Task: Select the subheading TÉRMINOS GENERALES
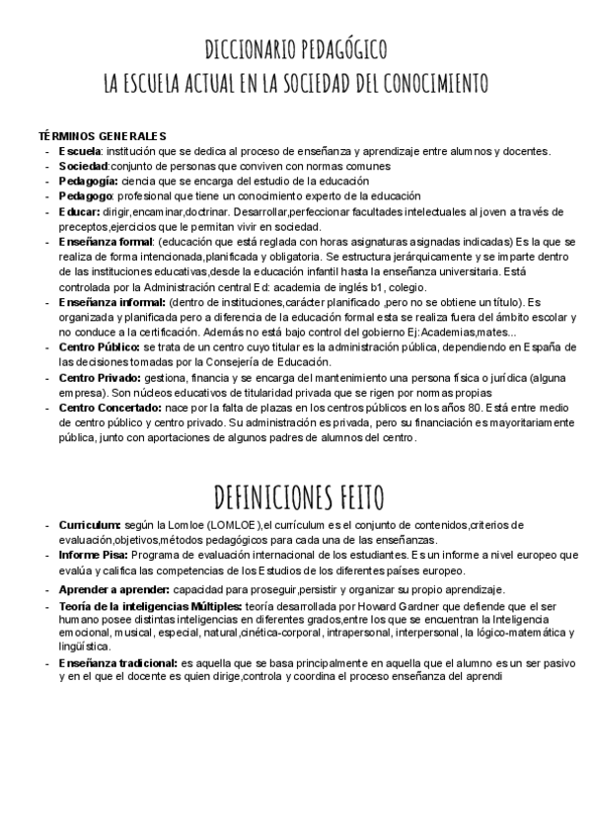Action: (x=102, y=135)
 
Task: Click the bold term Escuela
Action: (x=79, y=151)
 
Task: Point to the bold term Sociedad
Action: (x=83, y=166)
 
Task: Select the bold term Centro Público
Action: (x=99, y=347)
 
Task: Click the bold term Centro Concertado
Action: (x=107, y=408)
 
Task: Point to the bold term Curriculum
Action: (x=90, y=524)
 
